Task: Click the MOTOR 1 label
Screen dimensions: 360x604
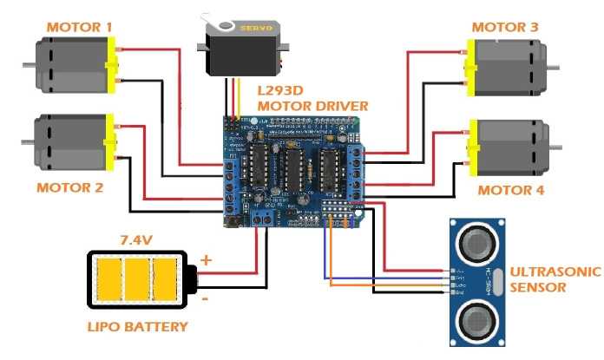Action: tap(79, 27)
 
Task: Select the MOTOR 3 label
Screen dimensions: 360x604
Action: tap(503, 27)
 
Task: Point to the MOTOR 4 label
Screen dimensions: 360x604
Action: tap(511, 190)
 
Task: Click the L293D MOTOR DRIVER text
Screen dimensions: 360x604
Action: tap(313, 97)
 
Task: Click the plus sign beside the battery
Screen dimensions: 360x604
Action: tap(206, 259)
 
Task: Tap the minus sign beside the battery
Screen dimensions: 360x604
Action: tap(206, 298)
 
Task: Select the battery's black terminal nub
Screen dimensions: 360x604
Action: tap(193, 279)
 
